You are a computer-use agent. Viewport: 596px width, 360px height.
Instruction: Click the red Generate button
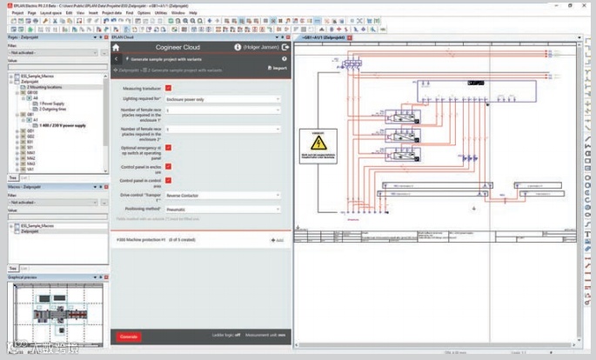click(128, 336)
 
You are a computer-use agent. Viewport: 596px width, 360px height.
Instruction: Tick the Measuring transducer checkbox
click(169, 88)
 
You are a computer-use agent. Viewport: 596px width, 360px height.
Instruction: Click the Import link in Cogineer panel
click(277, 67)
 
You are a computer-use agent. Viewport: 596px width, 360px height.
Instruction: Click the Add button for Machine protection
click(277, 239)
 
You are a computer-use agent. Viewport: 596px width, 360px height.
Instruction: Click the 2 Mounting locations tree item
click(45, 88)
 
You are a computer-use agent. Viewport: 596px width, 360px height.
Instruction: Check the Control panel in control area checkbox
click(169, 180)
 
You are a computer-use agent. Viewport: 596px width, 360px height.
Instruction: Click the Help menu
click(193, 13)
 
